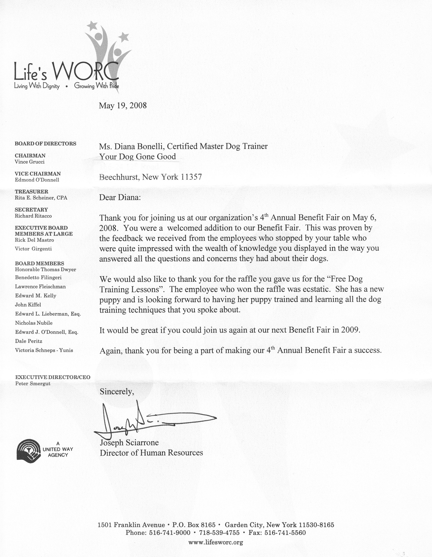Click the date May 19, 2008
(123, 106)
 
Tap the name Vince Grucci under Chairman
(30, 162)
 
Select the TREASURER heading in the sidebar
(31, 192)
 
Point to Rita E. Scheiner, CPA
(41, 198)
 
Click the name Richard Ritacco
(33, 216)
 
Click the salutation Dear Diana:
(120, 197)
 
